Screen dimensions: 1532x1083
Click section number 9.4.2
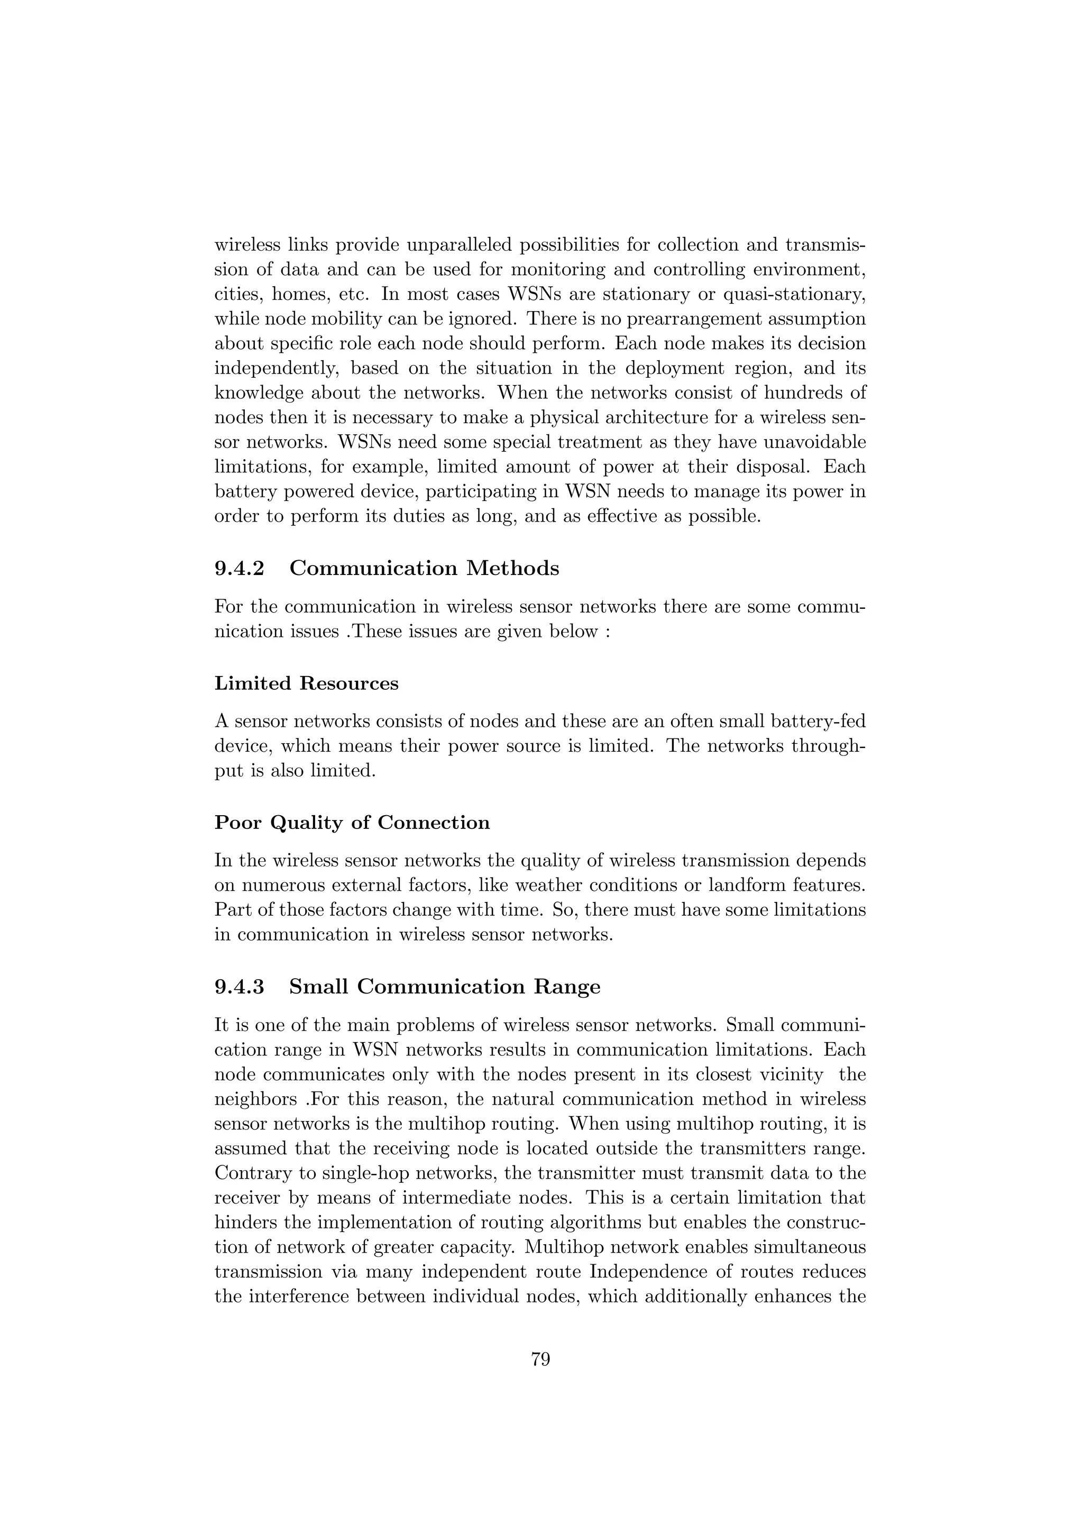click(240, 569)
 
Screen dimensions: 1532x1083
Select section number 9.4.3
click(240, 987)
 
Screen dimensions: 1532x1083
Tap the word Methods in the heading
click(512, 569)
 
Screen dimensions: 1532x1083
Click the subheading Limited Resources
click(306, 684)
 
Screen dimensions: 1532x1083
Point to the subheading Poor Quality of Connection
click(352, 823)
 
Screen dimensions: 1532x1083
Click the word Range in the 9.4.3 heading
click(567, 987)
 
